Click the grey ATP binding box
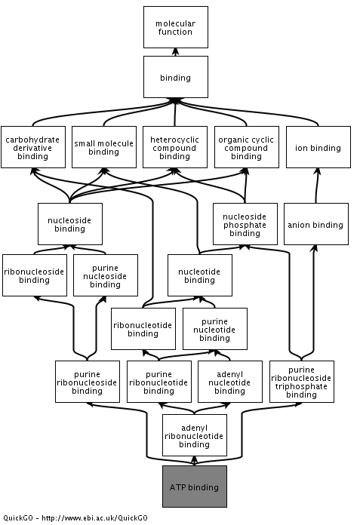tap(195, 487)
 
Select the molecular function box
tap(176, 27)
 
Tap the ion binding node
tap(318, 147)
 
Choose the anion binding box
tap(315, 224)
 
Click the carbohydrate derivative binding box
tap(33, 147)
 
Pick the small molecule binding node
tap(104, 147)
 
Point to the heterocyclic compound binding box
tap(175, 147)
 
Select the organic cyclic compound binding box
tap(247, 147)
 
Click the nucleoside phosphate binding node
tap(245, 224)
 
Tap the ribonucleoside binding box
tap(35, 275)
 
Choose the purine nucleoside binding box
tap(106, 275)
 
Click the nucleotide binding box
tap(200, 275)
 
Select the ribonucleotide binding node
tap(143, 329)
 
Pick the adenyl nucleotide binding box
tap(230, 382)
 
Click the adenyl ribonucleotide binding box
tap(195, 435)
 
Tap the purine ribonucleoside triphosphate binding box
tap(302, 382)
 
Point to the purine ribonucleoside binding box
tap(88, 382)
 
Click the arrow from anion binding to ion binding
tap(317, 186)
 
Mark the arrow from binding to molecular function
tap(176, 52)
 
